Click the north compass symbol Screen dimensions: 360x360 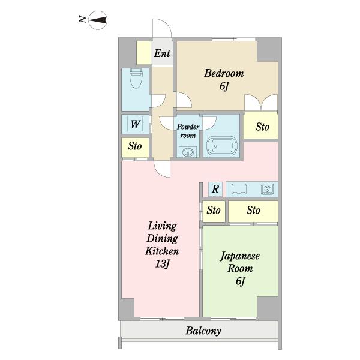click(98, 20)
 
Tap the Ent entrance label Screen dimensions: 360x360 click(162, 53)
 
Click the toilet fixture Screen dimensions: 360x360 click(136, 78)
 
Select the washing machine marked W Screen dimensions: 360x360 click(135, 124)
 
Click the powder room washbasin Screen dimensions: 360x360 click(188, 152)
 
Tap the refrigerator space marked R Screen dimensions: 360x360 click(215, 189)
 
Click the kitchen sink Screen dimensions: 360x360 click(239, 189)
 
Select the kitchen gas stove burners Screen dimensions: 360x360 click(267, 189)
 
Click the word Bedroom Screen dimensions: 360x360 click(224, 73)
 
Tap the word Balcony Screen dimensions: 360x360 click(203, 331)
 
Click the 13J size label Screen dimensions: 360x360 click(162, 264)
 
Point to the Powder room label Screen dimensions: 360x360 click(188, 131)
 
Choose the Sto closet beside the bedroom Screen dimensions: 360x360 click(261, 125)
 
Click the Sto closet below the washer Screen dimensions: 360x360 click(135, 148)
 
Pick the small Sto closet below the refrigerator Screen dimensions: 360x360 click(214, 211)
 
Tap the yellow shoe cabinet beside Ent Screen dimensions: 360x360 click(144, 53)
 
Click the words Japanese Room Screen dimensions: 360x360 click(240, 262)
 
